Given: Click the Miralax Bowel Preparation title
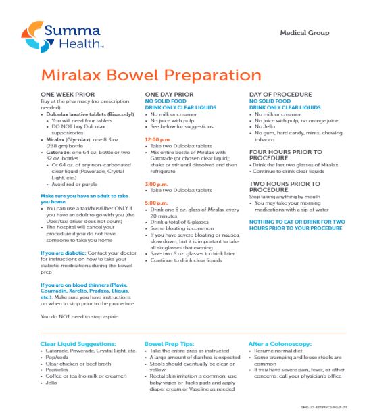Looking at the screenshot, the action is pyautogui.click(x=151, y=74).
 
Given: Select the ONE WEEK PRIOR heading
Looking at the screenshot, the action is pyautogui.click(x=68, y=95).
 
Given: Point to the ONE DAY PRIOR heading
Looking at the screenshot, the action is pyautogui.click(x=169, y=95).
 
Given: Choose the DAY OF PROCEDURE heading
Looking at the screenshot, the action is pyautogui.click(x=280, y=95).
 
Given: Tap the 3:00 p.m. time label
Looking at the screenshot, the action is pyautogui.click(x=158, y=184).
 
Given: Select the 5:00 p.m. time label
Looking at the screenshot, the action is pyautogui.click(x=158, y=202).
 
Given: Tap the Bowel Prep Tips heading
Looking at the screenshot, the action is pyautogui.click(x=170, y=345).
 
